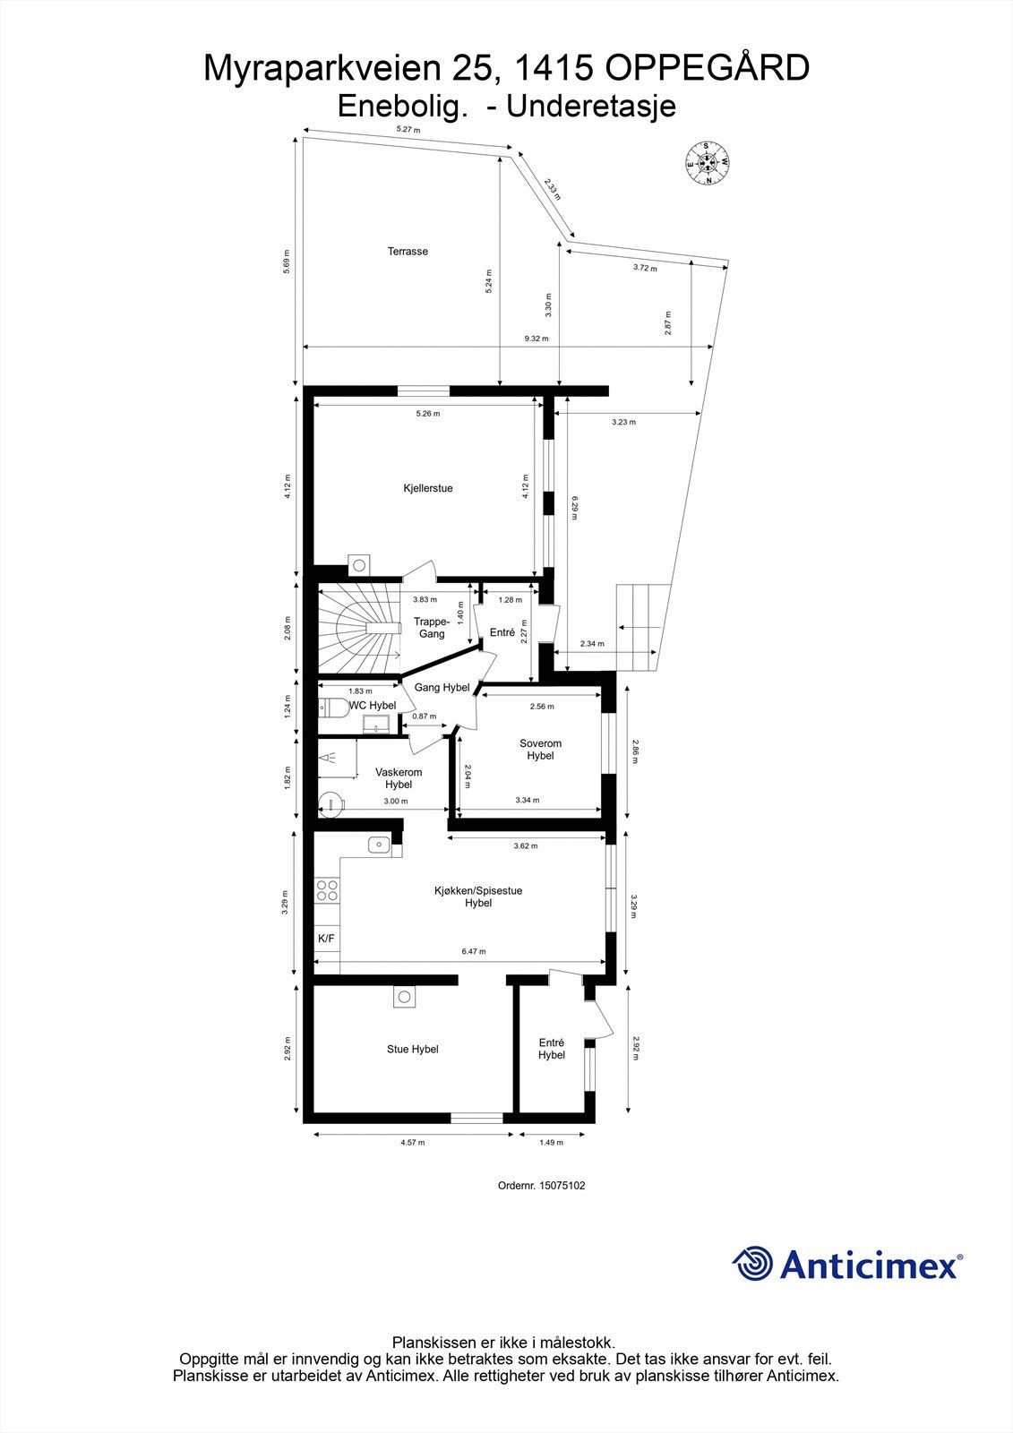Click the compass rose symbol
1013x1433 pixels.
pyautogui.click(x=708, y=162)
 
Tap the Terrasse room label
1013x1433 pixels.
pyautogui.click(x=408, y=252)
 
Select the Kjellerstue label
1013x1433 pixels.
pyautogui.click(x=427, y=488)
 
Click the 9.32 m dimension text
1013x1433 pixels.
pyautogui.click(x=537, y=339)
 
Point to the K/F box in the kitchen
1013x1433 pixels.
pyautogui.click(x=326, y=939)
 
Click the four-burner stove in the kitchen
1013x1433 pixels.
pyautogui.click(x=327, y=889)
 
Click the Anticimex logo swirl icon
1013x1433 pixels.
pyautogui.click(x=752, y=1264)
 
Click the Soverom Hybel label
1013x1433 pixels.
pyautogui.click(x=540, y=750)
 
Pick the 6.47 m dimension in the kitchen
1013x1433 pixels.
pyautogui.click(x=474, y=952)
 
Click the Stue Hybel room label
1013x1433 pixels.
pyautogui.click(x=412, y=1049)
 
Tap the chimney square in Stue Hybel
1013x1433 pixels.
pyautogui.click(x=404, y=997)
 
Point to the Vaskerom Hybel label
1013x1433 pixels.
pyautogui.click(x=399, y=778)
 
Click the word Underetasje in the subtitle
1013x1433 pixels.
pyautogui.click(x=590, y=107)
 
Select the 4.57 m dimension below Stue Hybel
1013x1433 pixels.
pyautogui.click(x=412, y=1143)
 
